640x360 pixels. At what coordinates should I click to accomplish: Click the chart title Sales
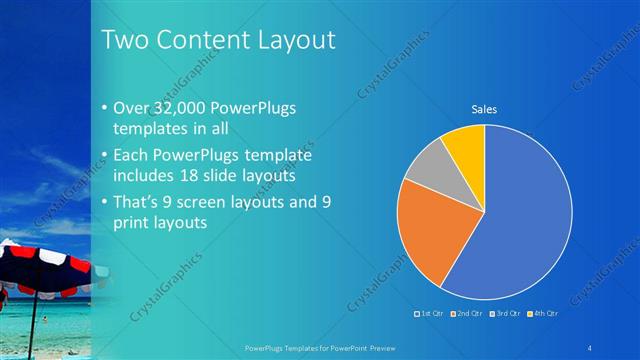pos(484,109)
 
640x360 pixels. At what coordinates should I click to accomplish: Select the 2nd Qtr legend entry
pos(466,313)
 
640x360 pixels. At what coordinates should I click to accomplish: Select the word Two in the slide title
pos(125,40)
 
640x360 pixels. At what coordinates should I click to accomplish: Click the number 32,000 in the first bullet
pos(183,108)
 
